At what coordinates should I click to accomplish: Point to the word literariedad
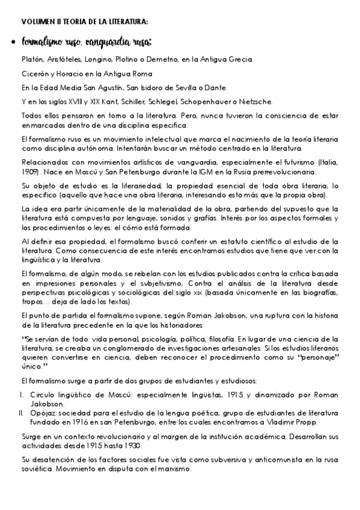click(102, 186)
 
